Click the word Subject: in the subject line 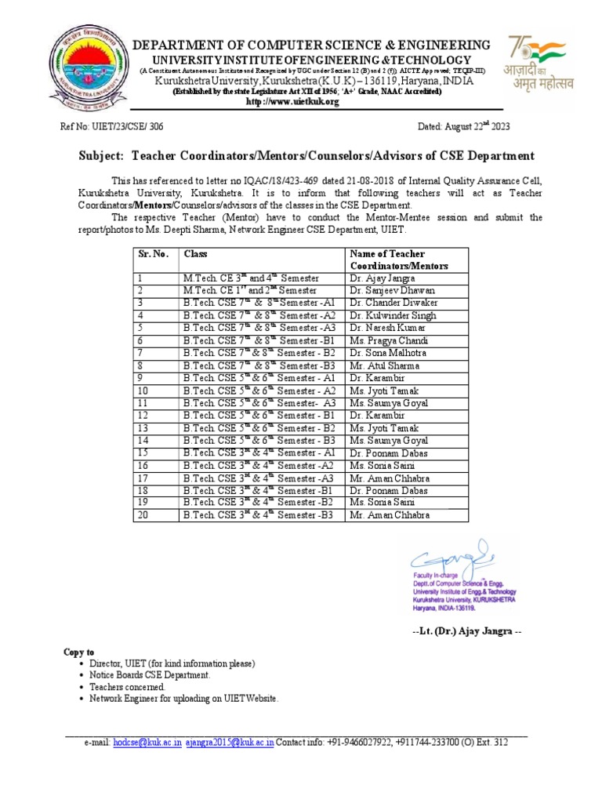tap(103, 156)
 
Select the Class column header tap(196, 254)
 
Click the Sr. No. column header tap(154, 254)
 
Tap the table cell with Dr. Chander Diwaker tap(388, 303)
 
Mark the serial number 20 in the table tap(143, 515)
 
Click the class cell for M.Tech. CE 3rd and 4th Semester tap(251, 278)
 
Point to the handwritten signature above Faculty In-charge tap(455, 558)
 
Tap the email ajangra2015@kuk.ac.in tap(230, 742)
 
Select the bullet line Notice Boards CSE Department tap(150, 674)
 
